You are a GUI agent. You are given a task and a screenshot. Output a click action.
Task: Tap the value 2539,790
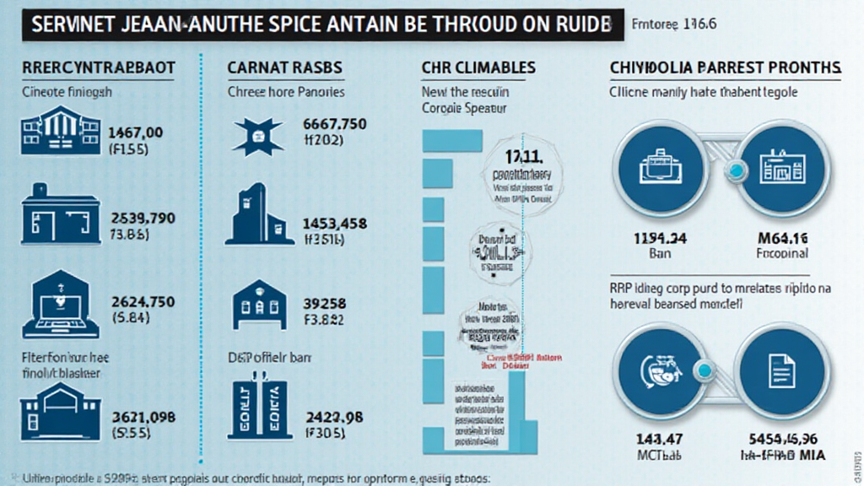click(143, 219)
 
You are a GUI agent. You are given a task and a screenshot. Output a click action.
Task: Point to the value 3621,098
click(143, 416)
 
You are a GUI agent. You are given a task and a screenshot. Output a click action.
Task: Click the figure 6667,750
click(334, 124)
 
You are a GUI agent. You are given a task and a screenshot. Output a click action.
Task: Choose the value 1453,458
click(334, 224)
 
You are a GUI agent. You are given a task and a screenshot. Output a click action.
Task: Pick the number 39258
click(324, 304)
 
